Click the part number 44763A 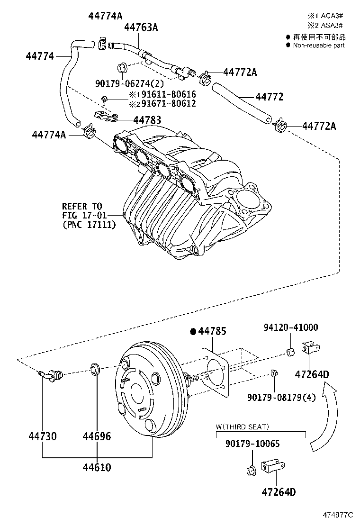click(141, 27)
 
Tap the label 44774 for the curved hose click(40, 56)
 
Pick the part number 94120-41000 click(291, 327)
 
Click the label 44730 click(42, 436)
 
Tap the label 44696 click(97, 436)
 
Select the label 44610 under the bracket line click(97, 467)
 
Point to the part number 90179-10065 click(252, 444)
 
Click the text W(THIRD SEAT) click(242, 427)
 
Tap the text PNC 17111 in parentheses click(89, 225)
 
